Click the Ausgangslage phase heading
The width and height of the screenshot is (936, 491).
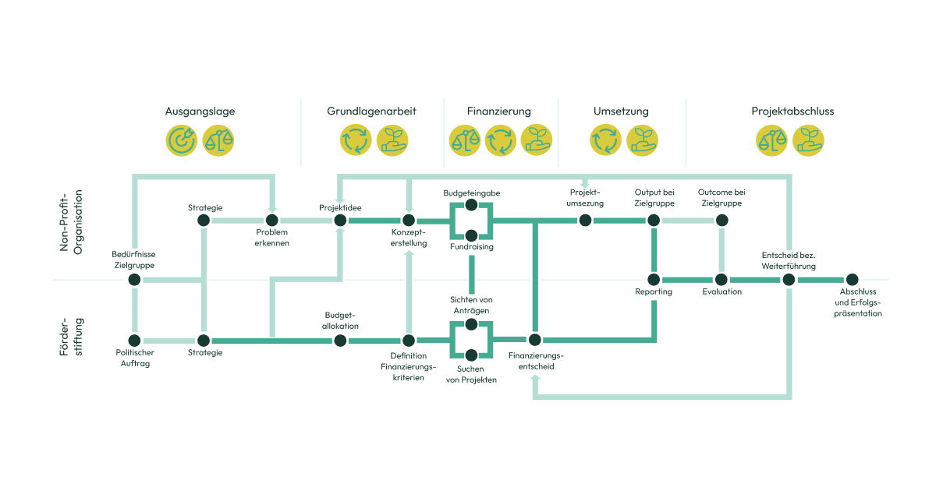pos(200,111)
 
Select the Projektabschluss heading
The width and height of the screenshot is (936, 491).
pos(792,111)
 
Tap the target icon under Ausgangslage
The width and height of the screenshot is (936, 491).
pos(182,141)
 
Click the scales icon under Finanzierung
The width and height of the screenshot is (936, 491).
pos(465,141)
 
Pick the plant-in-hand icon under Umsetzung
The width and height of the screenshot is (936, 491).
pos(643,141)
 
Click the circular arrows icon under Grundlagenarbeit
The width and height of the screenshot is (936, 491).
pos(356,141)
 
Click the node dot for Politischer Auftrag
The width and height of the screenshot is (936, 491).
pos(135,341)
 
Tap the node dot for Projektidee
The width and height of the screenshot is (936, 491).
pos(340,221)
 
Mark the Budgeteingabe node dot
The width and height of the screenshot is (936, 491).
pos(471,206)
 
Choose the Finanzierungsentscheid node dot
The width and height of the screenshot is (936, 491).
pos(534,340)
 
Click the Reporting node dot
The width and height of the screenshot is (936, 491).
pos(654,279)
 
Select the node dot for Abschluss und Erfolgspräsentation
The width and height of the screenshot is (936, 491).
pos(852,279)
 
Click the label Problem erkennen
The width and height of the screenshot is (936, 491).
pos(271,238)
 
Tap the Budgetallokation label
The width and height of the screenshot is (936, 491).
pos(340,320)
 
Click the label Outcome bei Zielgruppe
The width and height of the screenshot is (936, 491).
pos(721,197)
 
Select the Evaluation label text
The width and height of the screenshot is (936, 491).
pos(721,292)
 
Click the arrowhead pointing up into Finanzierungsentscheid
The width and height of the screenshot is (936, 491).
pos(534,379)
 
